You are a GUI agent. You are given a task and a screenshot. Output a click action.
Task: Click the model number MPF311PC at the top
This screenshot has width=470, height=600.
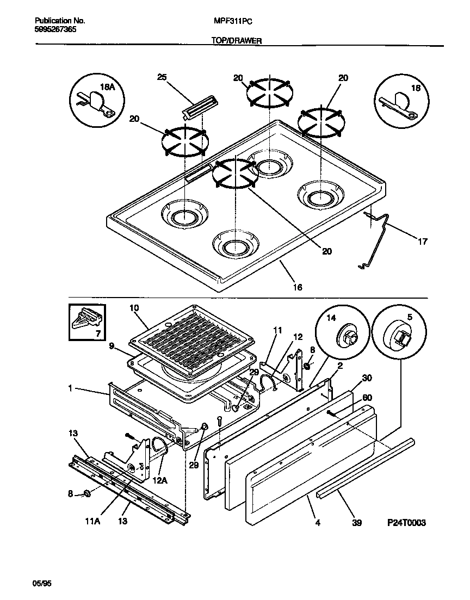233,21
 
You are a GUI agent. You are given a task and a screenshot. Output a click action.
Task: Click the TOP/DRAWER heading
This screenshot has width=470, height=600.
233,40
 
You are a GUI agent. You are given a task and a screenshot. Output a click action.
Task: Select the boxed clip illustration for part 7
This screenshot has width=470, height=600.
87,324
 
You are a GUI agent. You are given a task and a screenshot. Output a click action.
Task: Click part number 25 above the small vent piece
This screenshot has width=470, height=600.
162,77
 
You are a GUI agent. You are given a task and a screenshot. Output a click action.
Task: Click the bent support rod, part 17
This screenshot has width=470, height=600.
378,239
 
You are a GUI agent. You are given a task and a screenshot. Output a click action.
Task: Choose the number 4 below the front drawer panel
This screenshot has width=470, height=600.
317,523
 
